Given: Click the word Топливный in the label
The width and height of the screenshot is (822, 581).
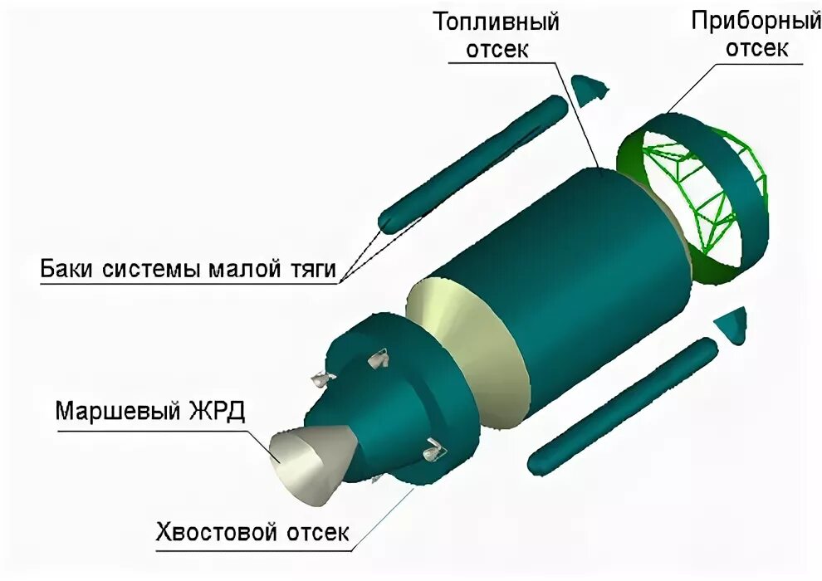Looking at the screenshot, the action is click(x=495, y=22).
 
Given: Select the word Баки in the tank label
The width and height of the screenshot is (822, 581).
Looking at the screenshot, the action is click(x=68, y=270).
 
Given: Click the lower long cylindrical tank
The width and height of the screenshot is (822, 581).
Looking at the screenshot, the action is click(x=622, y=403).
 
